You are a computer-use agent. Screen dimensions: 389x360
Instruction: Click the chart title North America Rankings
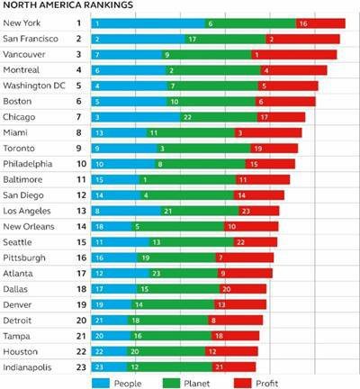pyautogui.click(x=61, y=5)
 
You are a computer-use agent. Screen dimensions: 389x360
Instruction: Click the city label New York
pyautogui.click(x=22, y=23)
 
